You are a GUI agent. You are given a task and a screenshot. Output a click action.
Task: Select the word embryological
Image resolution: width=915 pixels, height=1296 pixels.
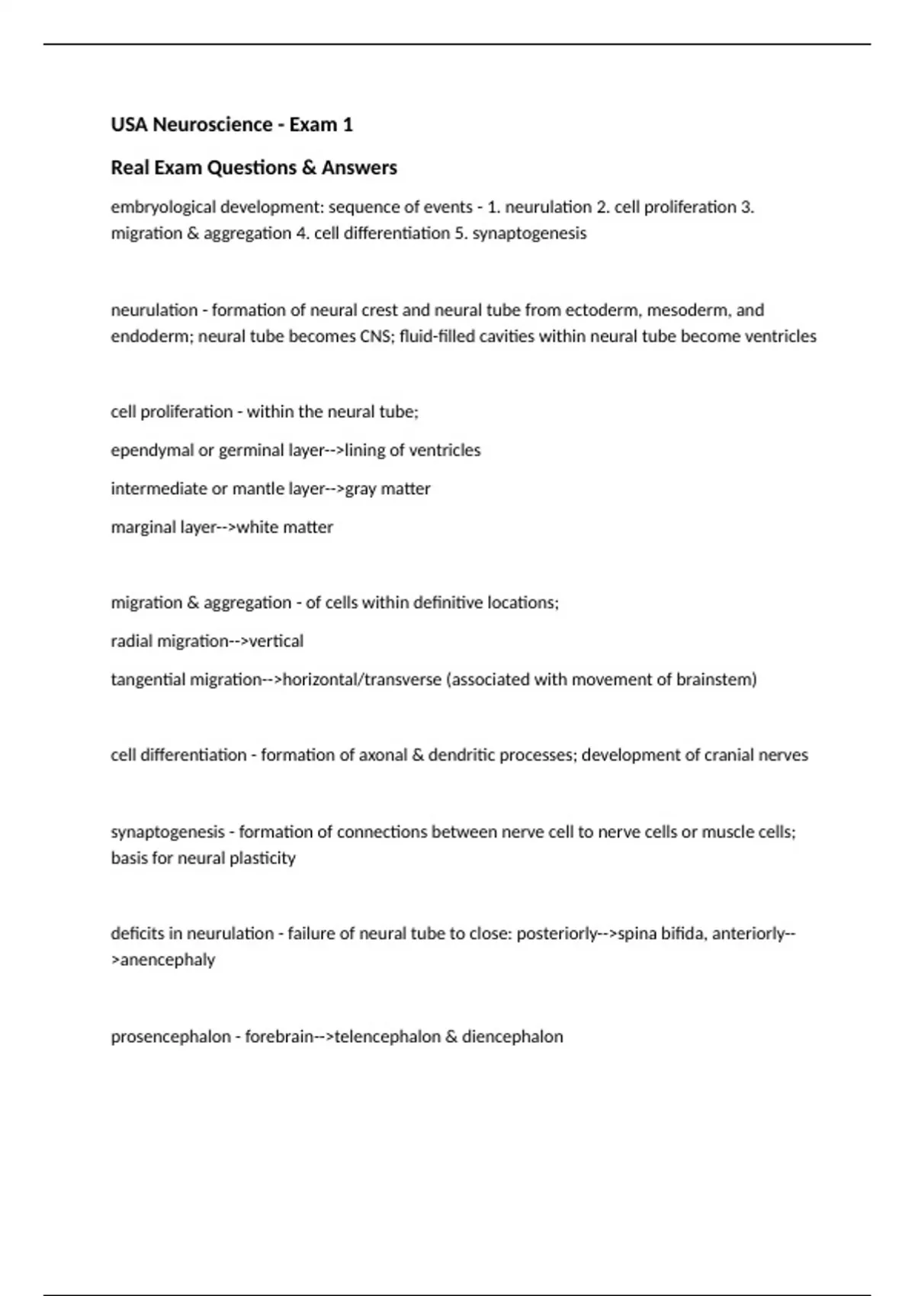pyautogui.click(x=162, y=207)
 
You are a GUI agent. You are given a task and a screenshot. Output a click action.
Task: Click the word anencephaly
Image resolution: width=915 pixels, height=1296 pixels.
pyautogui.click(x=163, y=960)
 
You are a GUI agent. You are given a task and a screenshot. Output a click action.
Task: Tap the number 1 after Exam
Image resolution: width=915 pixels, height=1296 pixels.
pyautogui.click(x=348, y=124)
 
